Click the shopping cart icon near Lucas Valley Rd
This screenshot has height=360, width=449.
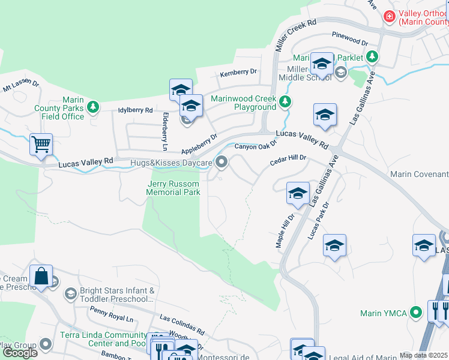click(x=41, y=145)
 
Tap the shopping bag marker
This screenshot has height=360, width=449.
click(x=41, y=277)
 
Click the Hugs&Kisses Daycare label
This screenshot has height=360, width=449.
click(x=172, y=163)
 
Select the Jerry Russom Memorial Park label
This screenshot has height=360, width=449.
click(x=173, y=188)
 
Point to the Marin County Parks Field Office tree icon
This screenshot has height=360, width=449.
click(x=92, y=107)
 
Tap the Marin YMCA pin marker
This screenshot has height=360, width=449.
click(x=415, y=313)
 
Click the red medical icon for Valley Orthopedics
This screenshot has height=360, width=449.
click(x=390, y=16)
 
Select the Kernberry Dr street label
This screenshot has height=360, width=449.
click(x=238, y=72)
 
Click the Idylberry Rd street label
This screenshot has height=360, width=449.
click(x=136, y=110)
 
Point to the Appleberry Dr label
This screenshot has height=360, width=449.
click(x=197, y=145)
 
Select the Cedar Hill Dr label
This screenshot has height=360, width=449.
click(x=288, y=158)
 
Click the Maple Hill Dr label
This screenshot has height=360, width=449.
click(x=284, y=230)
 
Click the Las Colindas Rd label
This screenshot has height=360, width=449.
click(x=182, y=324)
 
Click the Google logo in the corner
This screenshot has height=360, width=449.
click(x=20, y=353)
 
